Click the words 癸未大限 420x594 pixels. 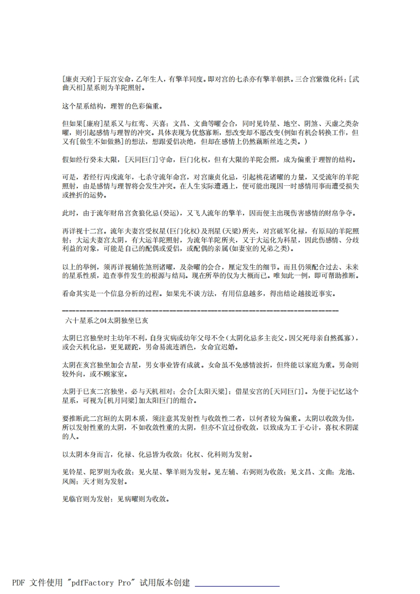click(x=103, y=160)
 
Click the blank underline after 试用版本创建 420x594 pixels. click(x=237, y=584)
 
